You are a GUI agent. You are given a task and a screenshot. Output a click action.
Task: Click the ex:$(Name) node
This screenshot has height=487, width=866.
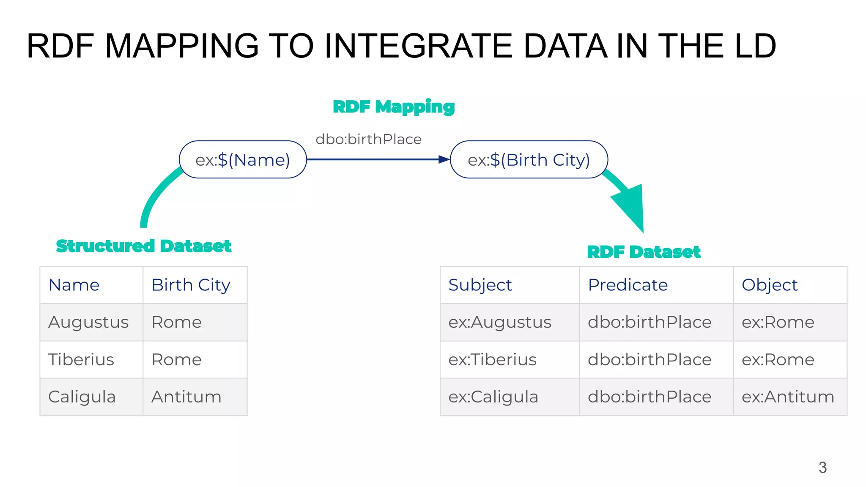[x=243, y=160]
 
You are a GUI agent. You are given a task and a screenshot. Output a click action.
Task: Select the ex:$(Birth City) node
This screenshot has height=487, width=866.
[x=529, y=160]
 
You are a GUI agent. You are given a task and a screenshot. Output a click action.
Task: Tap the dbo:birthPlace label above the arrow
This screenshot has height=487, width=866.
[x=368, y=139]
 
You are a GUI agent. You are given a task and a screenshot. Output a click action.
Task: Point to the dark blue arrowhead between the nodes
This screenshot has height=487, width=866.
[x=444, y=159]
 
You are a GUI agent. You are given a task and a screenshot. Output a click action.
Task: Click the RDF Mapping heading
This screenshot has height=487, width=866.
[x=394, y=107]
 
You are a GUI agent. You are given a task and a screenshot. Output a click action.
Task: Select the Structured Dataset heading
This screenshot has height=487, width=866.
[x=143, y=246]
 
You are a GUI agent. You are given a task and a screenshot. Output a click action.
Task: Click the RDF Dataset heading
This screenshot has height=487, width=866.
[x=644, y=252]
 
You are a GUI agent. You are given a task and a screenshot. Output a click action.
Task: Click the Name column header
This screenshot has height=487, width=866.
[x=74, y=285]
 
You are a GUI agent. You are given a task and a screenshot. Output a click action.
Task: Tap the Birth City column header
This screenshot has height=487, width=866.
[x=191, y=285]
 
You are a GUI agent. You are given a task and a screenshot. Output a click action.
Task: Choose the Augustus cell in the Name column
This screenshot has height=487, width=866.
[x=88, y=322]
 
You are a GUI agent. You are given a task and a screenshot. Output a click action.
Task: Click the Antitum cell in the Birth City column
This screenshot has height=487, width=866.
[x=186, y=397]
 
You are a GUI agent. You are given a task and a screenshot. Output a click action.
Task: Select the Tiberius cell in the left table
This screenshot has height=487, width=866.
[x=81, y=360]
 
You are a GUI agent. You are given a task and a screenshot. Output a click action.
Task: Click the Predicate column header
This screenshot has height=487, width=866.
[x=628, y=285]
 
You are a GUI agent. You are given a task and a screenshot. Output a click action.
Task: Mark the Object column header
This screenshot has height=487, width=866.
[x=769, y=285]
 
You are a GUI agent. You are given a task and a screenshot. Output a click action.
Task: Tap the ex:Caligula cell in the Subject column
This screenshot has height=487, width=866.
[x=493, y=397]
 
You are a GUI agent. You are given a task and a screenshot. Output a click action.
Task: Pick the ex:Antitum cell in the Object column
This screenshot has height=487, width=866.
[x=788, y=397]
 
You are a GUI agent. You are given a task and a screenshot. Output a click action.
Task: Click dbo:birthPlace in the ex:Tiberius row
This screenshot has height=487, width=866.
[x=649, y=360]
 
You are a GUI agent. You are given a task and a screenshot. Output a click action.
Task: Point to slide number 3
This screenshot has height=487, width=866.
[x=822, y=468]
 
